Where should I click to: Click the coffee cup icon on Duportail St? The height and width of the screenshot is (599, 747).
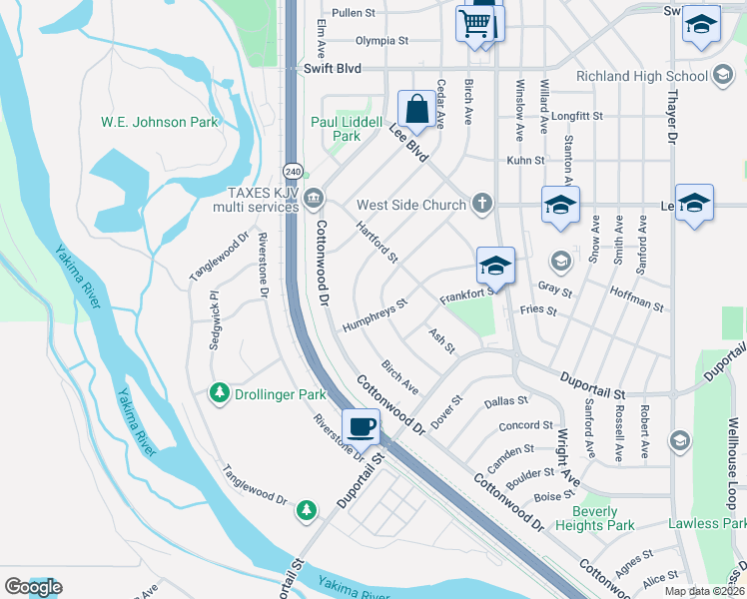pyautogui.click(x=361, y=426)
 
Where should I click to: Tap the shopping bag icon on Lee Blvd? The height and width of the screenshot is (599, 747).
pyautogui.click(x=414, y=108)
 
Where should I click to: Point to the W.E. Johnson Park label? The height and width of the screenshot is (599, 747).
pyautogui.click(x=159, y=122)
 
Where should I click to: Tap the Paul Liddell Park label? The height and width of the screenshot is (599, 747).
pyautogui.click(x=347, y=129)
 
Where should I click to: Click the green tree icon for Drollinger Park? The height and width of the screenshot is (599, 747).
pyautogui.click(x=220, y=394)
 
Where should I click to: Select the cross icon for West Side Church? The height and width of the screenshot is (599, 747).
pyautogui.click(x=482, y=205)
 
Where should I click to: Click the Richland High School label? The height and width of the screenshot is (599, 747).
pyautogui.click(x=642, y=76)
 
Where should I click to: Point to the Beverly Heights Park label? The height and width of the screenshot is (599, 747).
pyautogui.click(x=603, y=518)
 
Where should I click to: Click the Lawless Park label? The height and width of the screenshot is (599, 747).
pyautogui.click(x=706, y=523)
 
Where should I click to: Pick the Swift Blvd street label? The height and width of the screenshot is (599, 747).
pyautogui.click(x=331, y=70)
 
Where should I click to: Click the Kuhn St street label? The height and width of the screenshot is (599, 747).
pyautogui.click(x=525, y=160)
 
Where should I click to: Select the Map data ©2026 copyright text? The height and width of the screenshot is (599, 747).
pyautogui.click(x=704, y=591)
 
